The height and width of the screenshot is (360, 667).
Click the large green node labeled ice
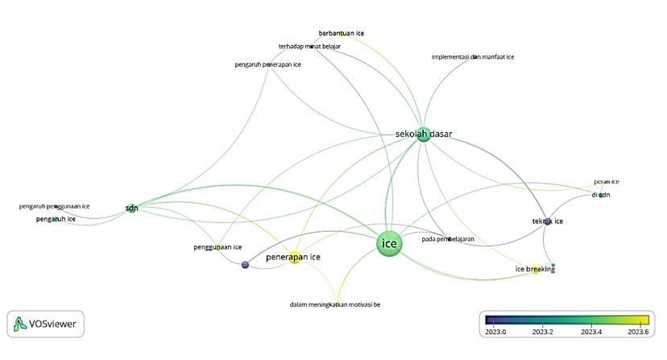click(x=390, y=244)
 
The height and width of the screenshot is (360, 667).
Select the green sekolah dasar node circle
click(x=423, y=135)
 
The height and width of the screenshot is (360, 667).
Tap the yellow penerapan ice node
click(x=295, y=259)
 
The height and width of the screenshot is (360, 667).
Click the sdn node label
click(x=131, y=208)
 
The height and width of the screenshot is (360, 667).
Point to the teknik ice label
click(x=548, y=221)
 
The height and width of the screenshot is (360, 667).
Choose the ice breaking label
click(x=535, y=269)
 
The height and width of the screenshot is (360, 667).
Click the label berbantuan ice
click(x=342, y=33)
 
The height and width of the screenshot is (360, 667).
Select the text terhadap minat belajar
click(x=309, y=47)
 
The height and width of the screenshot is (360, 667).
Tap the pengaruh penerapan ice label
click(x=267, y=64)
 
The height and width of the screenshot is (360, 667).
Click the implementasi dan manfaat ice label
click(x=473, y=57)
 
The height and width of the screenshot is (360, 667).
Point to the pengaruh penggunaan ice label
click(x=55, y=207)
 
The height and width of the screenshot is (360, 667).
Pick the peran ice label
click(x=607, y=182)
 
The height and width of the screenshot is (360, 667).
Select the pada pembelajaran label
click(x=448, y=239)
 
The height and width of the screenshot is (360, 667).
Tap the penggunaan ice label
click(x=217, y=246)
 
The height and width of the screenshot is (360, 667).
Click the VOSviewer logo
click(x=45, y=325)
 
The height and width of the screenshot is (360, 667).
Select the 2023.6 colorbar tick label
click(x=639, y=331)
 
